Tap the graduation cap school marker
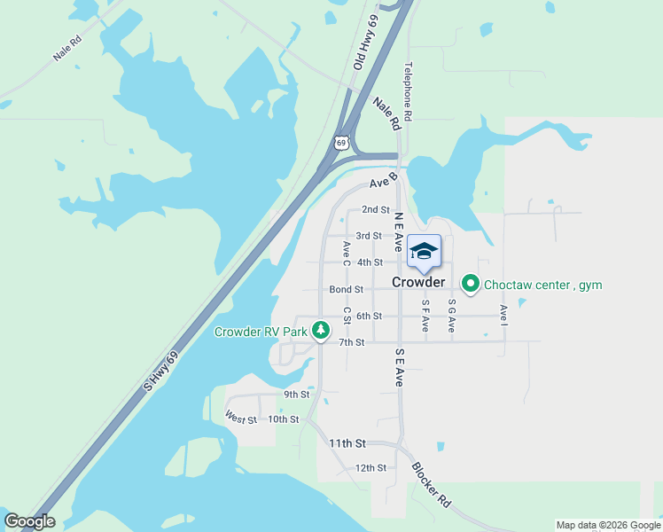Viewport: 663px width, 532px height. [424, 251]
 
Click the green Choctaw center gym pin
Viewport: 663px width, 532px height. [470, 284]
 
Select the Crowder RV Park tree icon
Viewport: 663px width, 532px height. [321, 332]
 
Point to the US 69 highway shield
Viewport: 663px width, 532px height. [342, 142]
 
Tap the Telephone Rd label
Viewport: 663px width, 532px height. [409, 91]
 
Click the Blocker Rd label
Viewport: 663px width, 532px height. [431, 484]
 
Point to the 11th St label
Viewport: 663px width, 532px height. [347, 442]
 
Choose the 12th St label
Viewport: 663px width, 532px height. [370, 467]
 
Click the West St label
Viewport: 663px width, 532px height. [240, 417]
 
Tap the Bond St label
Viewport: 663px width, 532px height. [346, 289]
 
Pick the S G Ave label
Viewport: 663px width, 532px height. [451, 316]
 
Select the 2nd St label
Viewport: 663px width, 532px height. [376, 210]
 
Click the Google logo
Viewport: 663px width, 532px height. [29, 521]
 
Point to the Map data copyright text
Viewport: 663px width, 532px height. [608, 525]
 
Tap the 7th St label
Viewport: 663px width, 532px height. [352, 342]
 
